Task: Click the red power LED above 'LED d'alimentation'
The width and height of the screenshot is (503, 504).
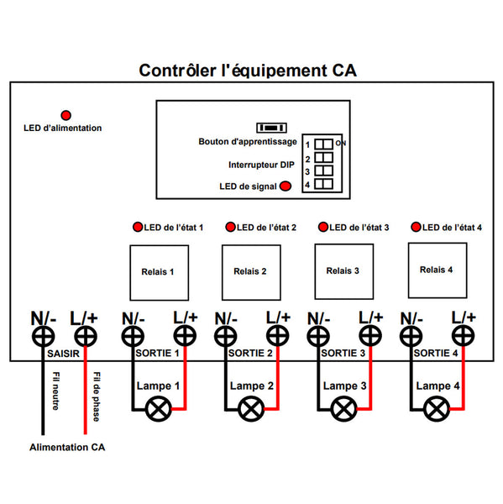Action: pos(65,115)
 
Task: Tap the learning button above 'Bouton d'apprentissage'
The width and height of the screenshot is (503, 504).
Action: pos(271,128)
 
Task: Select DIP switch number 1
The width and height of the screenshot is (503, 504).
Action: pos(323,144)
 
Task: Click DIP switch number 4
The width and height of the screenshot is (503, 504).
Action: pos(323,184)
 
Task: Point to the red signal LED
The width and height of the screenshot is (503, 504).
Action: pos(286,186)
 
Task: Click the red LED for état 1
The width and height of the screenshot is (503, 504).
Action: pos(138,227)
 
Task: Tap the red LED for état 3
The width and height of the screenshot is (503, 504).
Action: pos(323,227)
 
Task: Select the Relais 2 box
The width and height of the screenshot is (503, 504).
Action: pos(251,272)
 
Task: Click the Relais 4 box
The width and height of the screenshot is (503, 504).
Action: pos(438,270)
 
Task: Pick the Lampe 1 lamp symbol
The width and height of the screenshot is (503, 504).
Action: pos(159,409)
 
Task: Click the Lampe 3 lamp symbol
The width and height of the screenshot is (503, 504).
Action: pos(344,409)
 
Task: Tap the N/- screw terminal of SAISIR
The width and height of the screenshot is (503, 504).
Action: pos(43,337)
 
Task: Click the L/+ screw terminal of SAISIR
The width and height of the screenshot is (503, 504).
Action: pos(86,337)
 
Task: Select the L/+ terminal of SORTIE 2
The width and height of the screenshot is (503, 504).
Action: pos(278,335)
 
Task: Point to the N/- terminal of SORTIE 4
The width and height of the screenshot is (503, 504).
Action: pos(411,336)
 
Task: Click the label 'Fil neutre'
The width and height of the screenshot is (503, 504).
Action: pos(56,391)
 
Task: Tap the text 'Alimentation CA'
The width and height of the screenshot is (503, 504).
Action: pos(67,447)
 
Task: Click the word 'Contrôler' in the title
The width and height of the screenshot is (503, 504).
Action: pos(178,71)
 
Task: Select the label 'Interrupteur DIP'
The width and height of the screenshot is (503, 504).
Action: pos(261,165)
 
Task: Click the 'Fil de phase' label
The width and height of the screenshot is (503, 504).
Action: pos(97,396)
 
